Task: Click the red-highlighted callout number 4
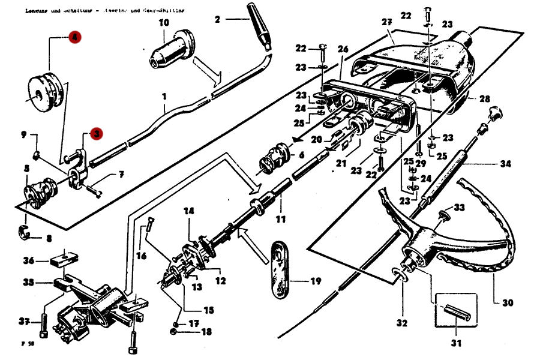pos(74,38)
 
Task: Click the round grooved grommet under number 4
pos(43,93)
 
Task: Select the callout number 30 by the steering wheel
pos(508,302)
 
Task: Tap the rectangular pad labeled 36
pos(63,260)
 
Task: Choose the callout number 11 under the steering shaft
pos(281,219)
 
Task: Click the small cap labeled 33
pos(444,214)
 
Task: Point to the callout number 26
pos(343,49)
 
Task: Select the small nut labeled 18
pos(173,331)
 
